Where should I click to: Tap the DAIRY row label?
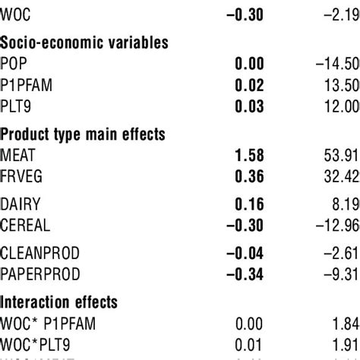point(21,204)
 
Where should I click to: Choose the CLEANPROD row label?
point(39,251)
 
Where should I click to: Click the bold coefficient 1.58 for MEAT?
point(248,156)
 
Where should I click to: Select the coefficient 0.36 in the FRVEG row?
point(248,176)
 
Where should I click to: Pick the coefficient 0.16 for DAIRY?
point(248,204)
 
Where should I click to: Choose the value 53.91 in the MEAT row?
point(343,156)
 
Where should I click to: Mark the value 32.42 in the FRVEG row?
point(343,176)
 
